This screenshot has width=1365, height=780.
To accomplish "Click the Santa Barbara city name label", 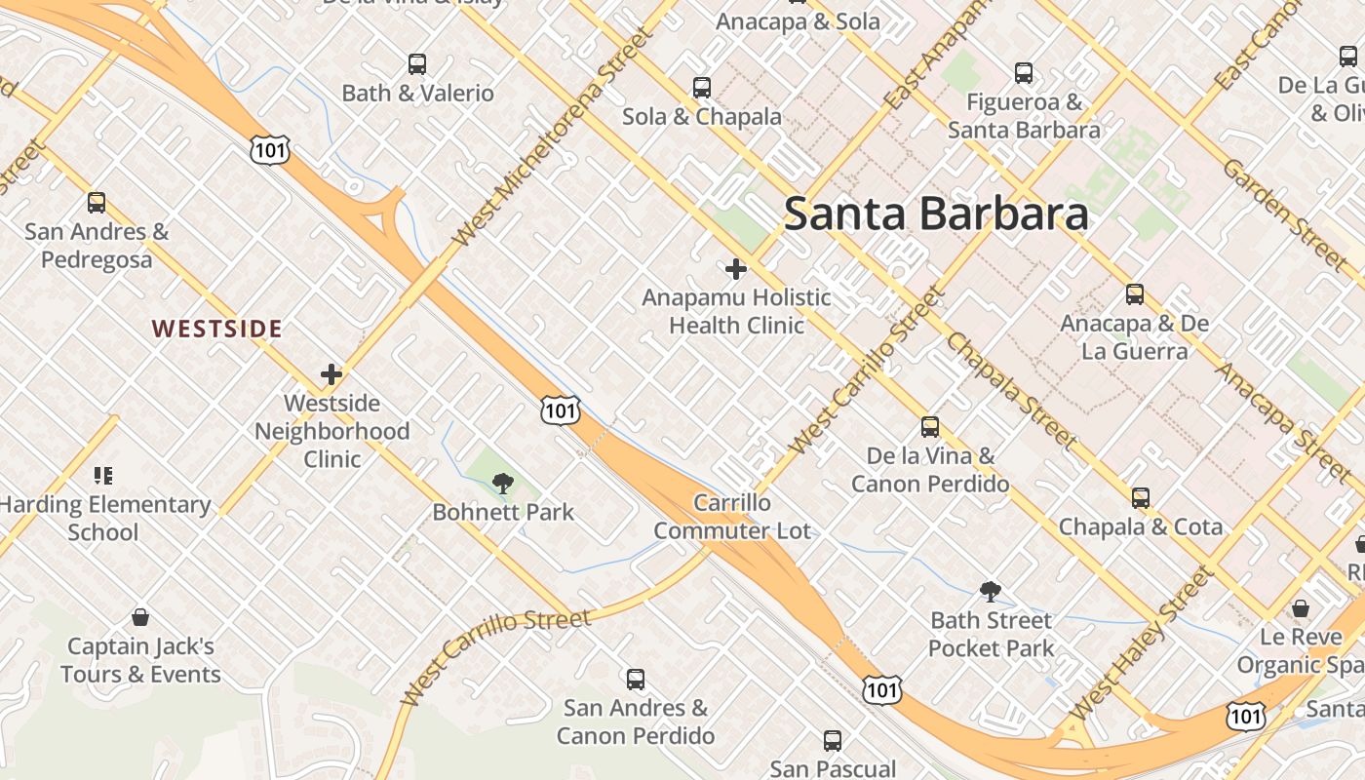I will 935,214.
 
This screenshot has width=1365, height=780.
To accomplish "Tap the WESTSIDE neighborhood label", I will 217,329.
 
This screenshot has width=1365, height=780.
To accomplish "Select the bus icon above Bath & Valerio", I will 417,64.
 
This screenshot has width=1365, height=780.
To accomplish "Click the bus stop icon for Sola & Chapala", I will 702,88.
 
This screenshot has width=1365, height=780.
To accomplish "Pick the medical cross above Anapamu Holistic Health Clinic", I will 736,269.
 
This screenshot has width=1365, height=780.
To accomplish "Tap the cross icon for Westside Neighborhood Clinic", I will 331,374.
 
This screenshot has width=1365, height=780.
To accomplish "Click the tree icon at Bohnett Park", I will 503,483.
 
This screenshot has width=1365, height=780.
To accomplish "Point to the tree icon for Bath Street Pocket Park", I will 991,591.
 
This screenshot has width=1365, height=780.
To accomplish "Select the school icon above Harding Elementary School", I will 103,476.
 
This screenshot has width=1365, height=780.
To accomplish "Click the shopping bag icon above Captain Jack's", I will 140,617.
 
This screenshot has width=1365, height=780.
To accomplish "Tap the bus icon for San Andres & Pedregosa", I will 97,203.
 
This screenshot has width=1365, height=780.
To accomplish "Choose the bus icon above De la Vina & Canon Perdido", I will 930,427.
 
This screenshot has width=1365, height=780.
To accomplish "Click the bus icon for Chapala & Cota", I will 1141,498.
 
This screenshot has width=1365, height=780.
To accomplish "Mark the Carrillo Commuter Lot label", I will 732,517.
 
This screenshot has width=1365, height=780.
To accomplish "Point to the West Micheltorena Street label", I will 551,137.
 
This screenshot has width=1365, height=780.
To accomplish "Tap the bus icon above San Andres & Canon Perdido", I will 636,679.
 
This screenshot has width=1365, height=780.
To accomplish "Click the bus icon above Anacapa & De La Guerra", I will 1135,294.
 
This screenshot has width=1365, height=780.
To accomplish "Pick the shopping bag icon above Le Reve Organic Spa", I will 1301,608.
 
